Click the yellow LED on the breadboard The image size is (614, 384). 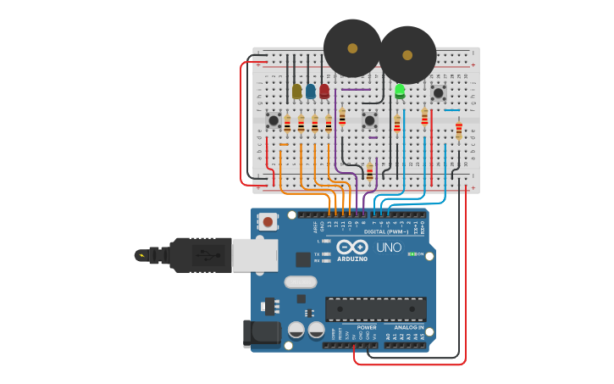[296, 91]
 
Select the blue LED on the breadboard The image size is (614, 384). [311, 91]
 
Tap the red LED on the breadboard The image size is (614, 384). [324, 90]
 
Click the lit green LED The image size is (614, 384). [400, 90]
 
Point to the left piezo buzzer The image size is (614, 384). [352, 48]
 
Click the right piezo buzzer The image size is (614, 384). [407, 55]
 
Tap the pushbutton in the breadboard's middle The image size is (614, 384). [369, 120]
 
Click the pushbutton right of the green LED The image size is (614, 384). [438, 92]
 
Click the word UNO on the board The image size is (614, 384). [388, 248]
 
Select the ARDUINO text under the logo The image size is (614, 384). [351, 259]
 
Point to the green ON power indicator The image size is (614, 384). [416, 253]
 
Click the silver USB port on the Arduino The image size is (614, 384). [255, 254]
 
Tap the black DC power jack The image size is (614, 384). [262, 333]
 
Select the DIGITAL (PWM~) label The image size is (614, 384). [385, 231]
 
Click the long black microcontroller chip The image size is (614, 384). [375, 309]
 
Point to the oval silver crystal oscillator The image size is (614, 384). [300, 282]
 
